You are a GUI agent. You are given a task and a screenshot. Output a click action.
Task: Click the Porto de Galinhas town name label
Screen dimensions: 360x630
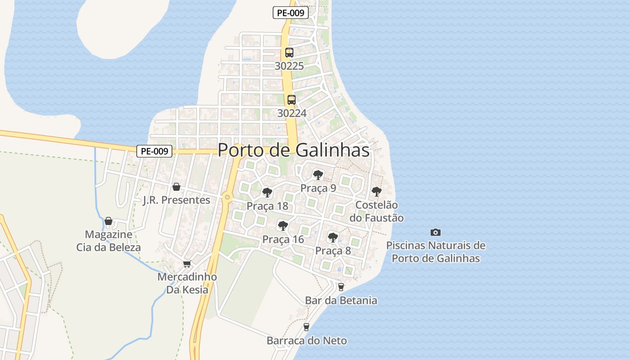click(x=293, y=150)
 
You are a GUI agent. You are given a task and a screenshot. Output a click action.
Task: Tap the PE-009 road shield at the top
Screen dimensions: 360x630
click(x=291, y=13)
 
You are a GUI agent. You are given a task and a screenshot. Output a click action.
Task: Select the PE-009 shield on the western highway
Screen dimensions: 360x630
click(x=154, y=151)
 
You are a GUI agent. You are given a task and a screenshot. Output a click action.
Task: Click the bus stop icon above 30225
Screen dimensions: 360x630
click(x=289, y=52)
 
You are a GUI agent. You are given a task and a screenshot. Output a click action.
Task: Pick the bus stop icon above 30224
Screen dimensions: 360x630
click(x=292, y=100)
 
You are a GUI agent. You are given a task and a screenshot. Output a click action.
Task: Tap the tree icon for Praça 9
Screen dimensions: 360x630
click(x=318, y=175)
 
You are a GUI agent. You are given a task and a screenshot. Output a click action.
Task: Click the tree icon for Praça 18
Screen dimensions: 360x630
click(x=267, y=193)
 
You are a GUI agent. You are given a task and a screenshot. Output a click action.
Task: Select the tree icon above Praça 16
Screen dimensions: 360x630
click(x=283, y=226)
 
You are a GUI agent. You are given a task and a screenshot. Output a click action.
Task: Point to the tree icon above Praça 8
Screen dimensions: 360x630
click(x=333, y=237)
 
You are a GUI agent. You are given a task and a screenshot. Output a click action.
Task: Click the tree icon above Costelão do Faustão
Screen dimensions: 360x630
click(x=377, y=192)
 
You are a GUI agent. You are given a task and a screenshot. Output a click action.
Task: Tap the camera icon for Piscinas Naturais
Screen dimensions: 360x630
click(x=435, y=232)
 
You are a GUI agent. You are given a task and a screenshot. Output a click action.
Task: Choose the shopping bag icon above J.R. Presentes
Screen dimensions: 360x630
click(x=176, y=187)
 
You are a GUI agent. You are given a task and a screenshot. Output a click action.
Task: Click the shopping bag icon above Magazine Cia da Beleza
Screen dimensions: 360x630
click(x=108, y=221)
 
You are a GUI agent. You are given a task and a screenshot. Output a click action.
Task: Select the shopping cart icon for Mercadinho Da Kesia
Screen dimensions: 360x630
click(x=187, y=264)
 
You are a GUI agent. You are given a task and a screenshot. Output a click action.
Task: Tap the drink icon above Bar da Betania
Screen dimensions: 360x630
click(x=341, y=287)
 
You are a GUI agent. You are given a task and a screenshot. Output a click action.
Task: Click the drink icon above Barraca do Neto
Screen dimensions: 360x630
click(x=306, y=327)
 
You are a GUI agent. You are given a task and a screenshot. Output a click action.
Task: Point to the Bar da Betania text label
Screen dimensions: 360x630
click(x=341, y=300)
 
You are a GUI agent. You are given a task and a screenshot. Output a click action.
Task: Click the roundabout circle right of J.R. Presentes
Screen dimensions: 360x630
click(x=227, y=197)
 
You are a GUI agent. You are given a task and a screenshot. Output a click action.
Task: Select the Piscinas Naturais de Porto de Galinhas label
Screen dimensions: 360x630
click(x=436, y=252)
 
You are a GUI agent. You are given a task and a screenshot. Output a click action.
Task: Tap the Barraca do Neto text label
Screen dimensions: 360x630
click(x=306, y=340)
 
